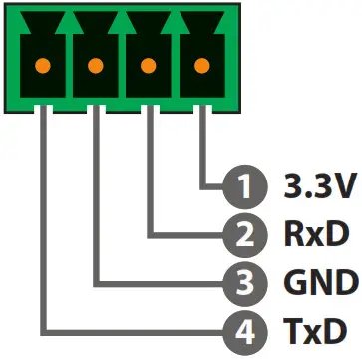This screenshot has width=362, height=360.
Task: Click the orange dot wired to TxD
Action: (43, 68)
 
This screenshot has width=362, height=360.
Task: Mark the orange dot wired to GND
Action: (96, 68)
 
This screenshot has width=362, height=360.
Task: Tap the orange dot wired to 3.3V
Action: (201, 68)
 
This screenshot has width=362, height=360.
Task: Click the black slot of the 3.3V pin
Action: (201, 85)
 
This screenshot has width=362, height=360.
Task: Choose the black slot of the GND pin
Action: (96, 85)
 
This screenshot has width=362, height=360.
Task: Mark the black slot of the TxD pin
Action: (43, 85)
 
